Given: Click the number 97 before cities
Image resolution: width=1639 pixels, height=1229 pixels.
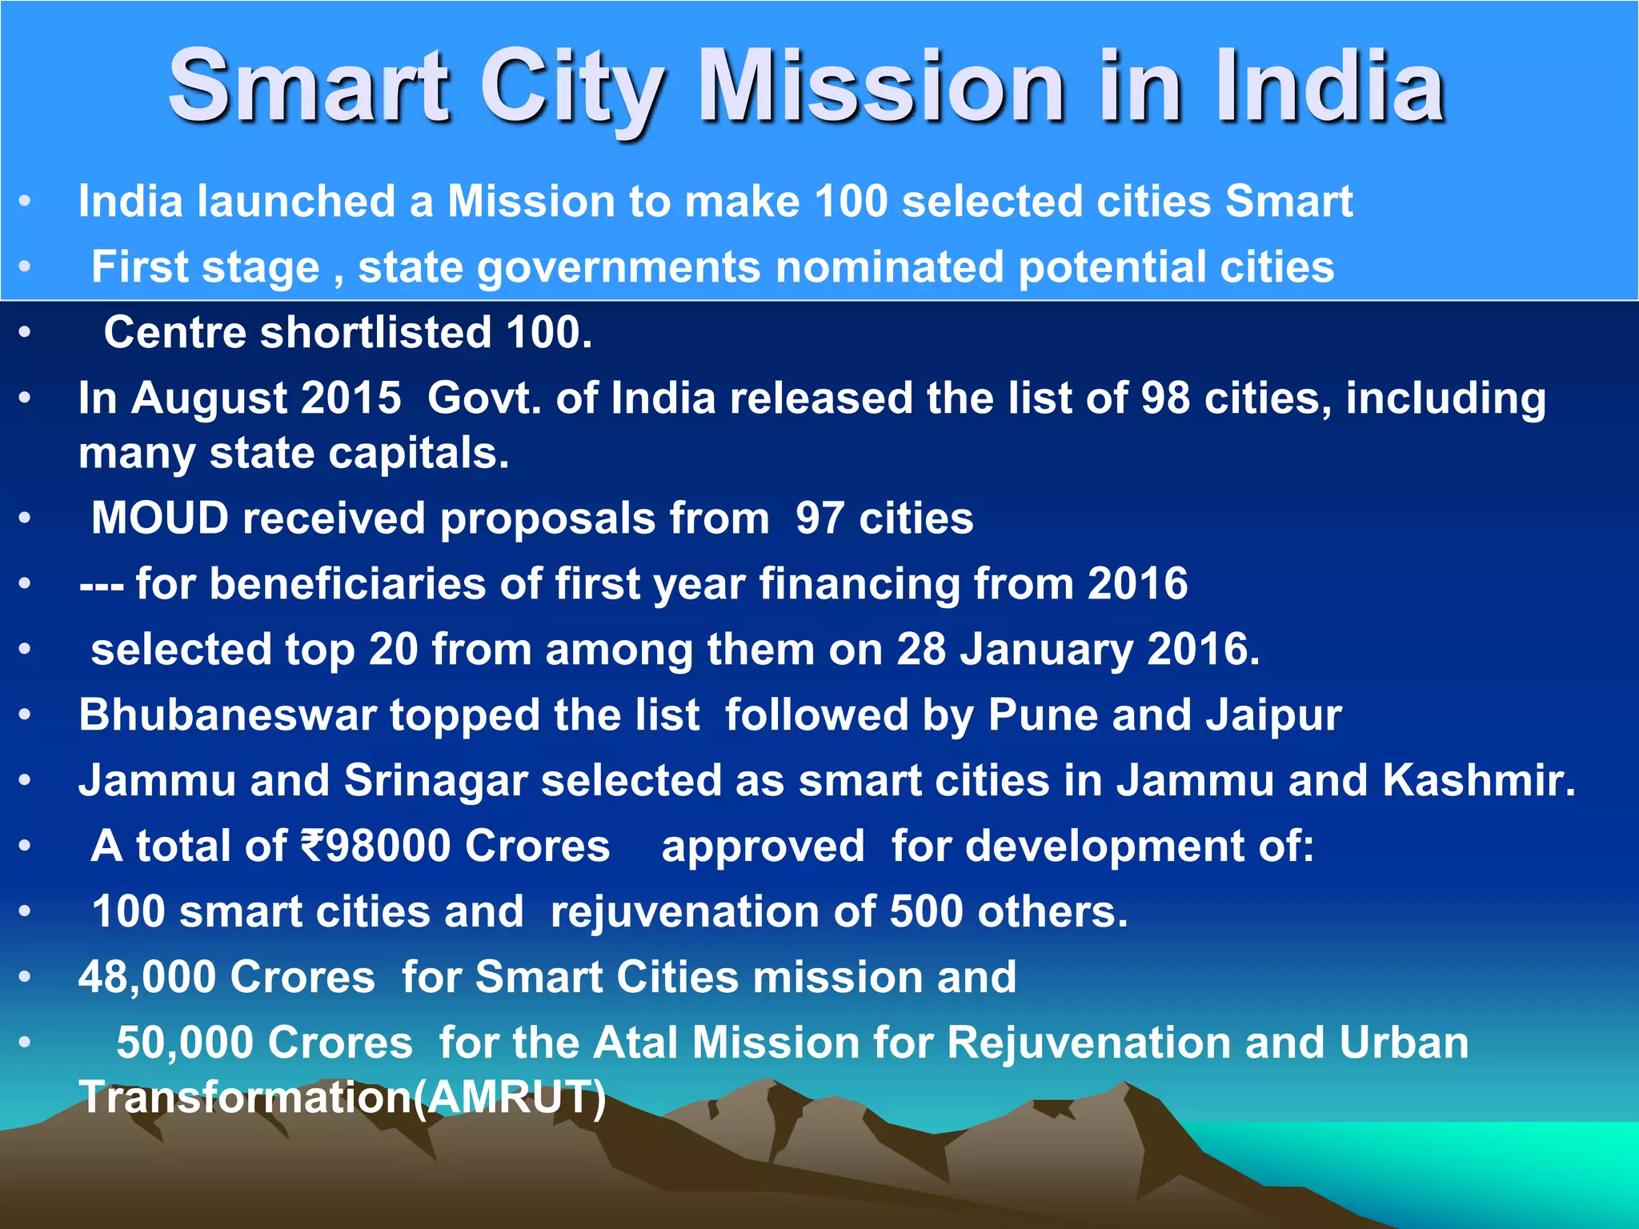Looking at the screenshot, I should [x=819, y=518].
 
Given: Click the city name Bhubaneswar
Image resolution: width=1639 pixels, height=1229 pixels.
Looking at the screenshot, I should [x=227, y=715].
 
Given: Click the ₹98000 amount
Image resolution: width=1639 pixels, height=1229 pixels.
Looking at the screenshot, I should [x=375, y=846].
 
